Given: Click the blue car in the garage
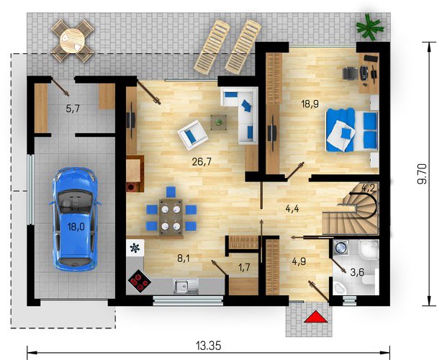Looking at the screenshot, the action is (x=75, y=220).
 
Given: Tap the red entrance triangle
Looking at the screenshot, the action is (x=316, y=317).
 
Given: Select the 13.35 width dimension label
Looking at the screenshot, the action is (x=209, y=346).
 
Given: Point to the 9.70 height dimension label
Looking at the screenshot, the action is (x=422, y=174).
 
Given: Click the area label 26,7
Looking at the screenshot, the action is (x=202, y=161).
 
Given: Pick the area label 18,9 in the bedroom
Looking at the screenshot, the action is (x=310, y=104).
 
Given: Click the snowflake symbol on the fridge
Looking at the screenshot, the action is (x=135, y=248).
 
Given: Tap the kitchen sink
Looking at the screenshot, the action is (x=186, y=286).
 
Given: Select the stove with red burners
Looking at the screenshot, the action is (x=139, y=281).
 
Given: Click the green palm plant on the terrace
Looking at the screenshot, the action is (x=369, y=27).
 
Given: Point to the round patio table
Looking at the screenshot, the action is (x=73, y=40).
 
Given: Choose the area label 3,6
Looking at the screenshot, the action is (x=357, y=272).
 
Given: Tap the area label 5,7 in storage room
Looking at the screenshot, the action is (x=73, y=109).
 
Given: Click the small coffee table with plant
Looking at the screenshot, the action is (x=218, y=122).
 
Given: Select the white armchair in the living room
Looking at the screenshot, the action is (x=193, y=135).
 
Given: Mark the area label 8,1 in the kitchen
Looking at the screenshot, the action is (x=184, y=258).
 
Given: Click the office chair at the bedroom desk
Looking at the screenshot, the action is (x=351, y=73).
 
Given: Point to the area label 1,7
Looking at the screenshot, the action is (x=244, y=267).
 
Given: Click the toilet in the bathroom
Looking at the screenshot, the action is (x=370, y=279).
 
